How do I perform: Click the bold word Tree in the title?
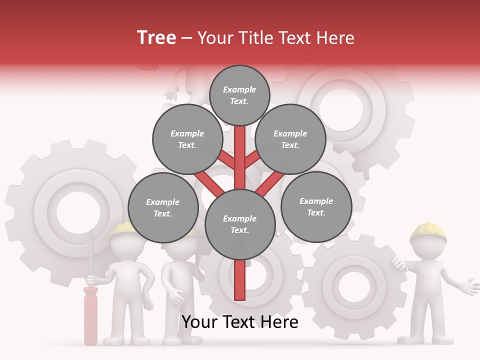click(x=156, y=38)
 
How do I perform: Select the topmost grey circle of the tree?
click(x=239, y=95)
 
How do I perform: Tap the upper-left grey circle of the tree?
click(x=187, y=139)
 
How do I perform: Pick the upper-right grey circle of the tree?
click(x=290, y=139)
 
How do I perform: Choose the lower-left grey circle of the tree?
click(x=162, y=207)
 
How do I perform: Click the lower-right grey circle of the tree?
click(x=316, y=206)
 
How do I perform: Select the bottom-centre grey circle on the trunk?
click(x=240, y=224)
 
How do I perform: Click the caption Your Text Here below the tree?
click(x=240, y=322)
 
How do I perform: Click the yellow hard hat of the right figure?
click(x=428, y=231)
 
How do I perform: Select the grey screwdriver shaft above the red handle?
click(x=90, y=260)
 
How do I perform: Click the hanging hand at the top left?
click(x=171, y=93)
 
